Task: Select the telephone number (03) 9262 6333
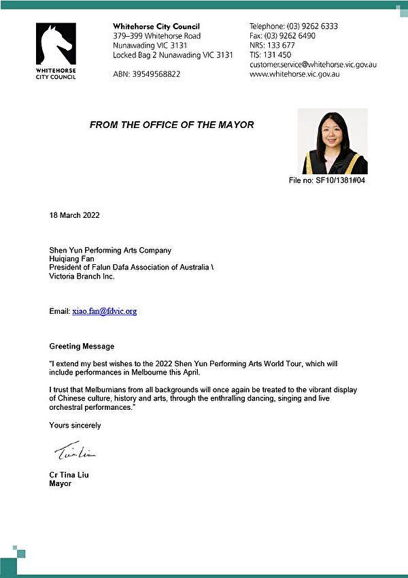[314, 27]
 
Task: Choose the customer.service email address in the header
[313, 65]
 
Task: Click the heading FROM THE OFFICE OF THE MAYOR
[171, 125]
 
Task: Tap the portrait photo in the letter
[334, 142]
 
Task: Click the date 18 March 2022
[75, 216]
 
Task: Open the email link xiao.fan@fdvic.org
[105, 311]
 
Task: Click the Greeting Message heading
[82, 347]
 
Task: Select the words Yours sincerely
[75, 426]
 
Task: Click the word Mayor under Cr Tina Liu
[60, 484]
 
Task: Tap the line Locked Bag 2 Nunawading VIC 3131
[173, 55]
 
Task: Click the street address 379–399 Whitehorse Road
[156, 36]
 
